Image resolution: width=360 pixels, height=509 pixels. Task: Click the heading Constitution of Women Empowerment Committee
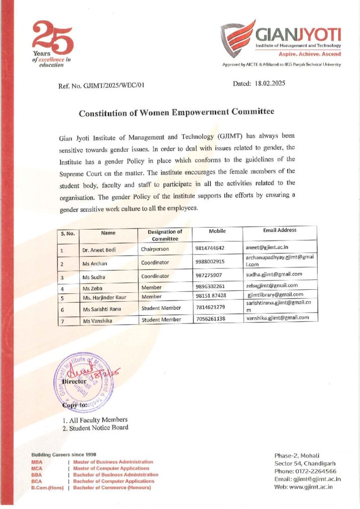pos(177,112)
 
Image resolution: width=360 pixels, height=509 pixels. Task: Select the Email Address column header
pos(279,230)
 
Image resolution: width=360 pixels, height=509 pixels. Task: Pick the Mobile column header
pos(217,231)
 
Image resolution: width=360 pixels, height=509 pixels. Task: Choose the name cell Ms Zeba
pos(93,287)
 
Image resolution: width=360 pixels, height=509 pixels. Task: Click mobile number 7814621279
pos(211,308)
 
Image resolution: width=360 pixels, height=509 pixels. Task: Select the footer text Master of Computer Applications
pos(111,468)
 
